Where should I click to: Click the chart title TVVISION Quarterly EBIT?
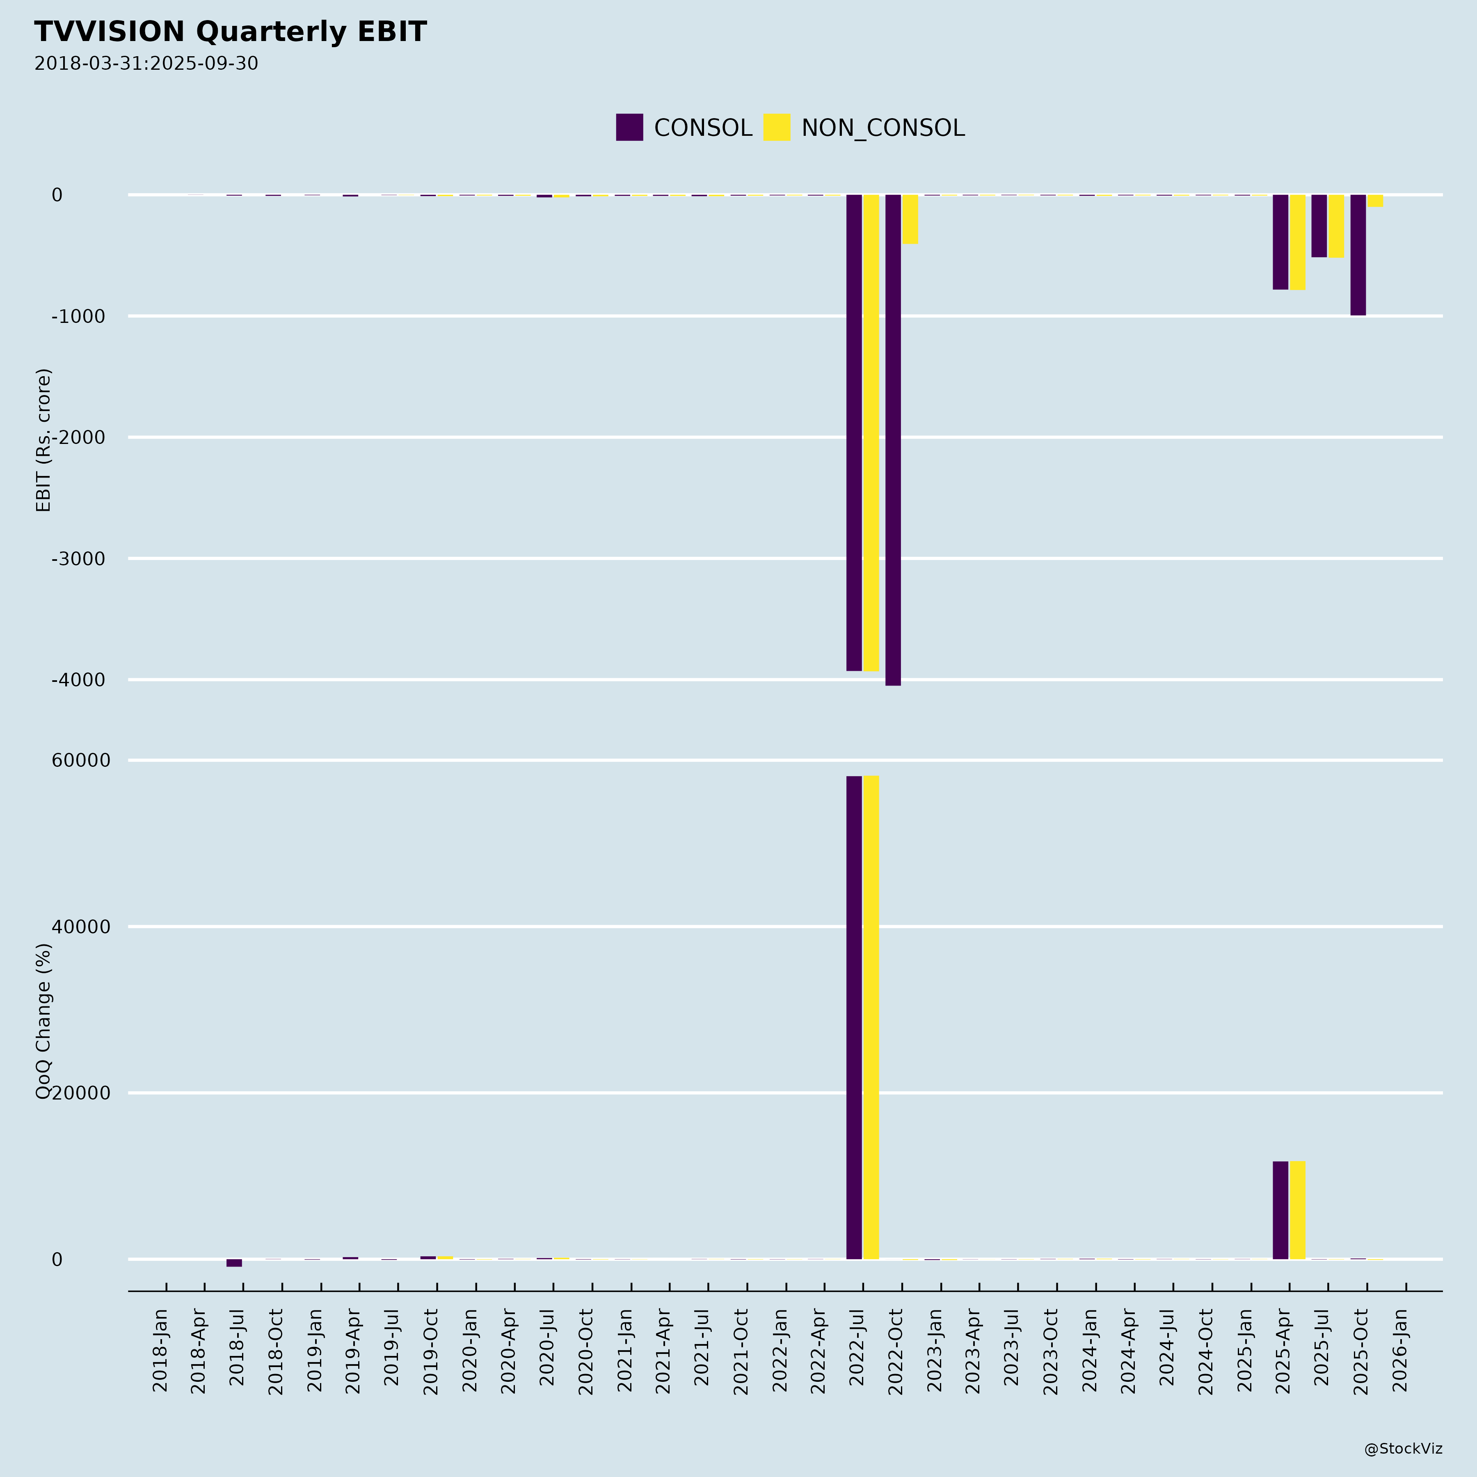coord(230,32)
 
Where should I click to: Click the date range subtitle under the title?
coord(146,64)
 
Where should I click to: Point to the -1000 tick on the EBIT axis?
coord(78,316)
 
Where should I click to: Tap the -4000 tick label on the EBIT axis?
coord(78,680)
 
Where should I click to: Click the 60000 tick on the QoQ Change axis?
coord(81,761)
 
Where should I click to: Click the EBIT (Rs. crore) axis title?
coord(43,440)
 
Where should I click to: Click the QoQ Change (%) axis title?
coord(43,1021)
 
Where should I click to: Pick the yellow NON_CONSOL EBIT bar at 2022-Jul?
coord(871,433)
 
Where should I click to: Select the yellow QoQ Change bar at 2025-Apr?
coord(1297,1210)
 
